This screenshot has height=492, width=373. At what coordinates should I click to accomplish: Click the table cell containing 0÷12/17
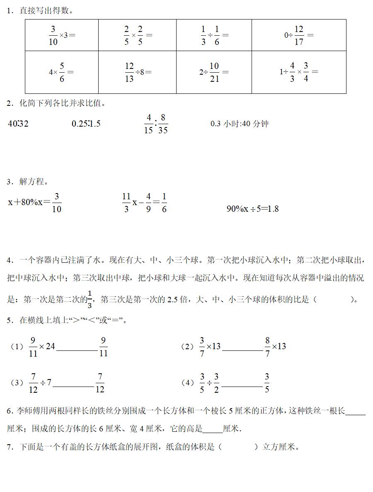pyautogui.click(x=299, y=35)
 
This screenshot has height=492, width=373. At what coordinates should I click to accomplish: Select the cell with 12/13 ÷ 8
pyautogui.click(x=137, y=72)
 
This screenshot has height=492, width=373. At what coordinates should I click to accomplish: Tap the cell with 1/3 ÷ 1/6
pyautogui.click(x=214, y=35)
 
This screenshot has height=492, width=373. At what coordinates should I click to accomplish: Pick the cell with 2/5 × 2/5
pyautogui.click(x=137, y=35)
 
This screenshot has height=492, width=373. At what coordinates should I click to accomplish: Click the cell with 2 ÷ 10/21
pyautogui.click(x=214, y=72)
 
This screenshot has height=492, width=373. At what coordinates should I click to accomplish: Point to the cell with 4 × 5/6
pyautogui.click(x=61, y=72)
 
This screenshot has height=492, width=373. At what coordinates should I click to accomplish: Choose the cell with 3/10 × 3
pyautogui.click(x=61, y=35)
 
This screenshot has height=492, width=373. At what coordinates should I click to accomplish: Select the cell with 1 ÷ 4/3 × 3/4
pyautogui.click(x=299, y=72)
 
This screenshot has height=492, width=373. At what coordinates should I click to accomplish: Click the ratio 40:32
pyautogui.click(x=18, y=123)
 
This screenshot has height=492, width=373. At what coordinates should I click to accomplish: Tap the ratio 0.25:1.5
pyautogui.click(x=86, y=123)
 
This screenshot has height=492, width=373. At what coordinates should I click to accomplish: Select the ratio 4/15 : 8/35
pyautogui.click(x=156, y=124)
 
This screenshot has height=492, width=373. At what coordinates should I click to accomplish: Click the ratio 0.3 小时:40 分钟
pyautogui.click(x=240, y=123)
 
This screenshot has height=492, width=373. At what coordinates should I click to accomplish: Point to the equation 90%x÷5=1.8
pyautogui.click(x=252, y=209)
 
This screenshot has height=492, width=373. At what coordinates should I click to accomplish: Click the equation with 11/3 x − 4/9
pyautogui.click(x=144, y=203)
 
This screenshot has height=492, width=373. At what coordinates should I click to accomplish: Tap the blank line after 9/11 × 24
pyautogui.click(x=77, y=350)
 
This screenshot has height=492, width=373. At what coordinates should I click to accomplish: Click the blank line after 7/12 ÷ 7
pyautogui.click(x=73, y=386)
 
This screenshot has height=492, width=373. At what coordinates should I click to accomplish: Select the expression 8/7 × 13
pyautogui.click(x=276, y=346)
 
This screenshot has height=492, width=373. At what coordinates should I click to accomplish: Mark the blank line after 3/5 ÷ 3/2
pyautogui.click(x=242, y=386)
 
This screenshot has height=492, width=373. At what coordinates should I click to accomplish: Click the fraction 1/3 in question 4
pyautogui.click(x=90, y=300)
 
